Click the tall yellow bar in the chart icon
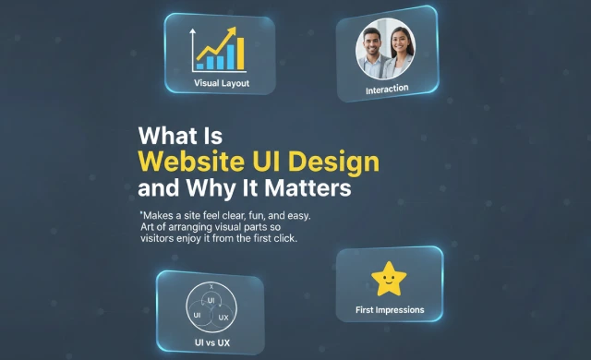coord(239,54)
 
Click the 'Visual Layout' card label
coord(222,83)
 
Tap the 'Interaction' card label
coord(387,89)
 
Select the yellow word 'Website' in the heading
coord(188,162)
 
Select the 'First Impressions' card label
coord(390,310)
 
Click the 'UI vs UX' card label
coord(211,343)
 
